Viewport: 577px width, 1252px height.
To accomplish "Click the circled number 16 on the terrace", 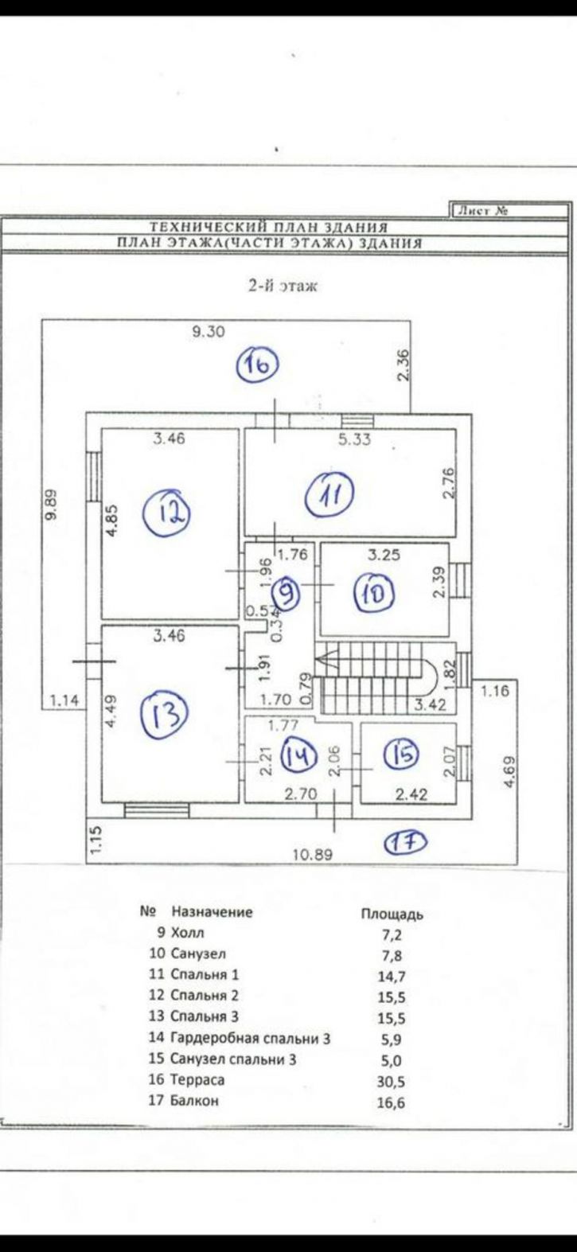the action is coord(258,365).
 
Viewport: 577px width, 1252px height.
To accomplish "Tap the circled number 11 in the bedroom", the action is coord(332,494).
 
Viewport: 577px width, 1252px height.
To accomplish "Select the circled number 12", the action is coord(167,513).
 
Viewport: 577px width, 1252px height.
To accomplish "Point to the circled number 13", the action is coord(165,716).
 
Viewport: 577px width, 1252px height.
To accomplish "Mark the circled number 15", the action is coord(402,754).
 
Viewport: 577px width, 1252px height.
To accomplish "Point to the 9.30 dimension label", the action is coord(208,331).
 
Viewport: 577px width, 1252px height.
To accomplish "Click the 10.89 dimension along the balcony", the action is coord(313,855).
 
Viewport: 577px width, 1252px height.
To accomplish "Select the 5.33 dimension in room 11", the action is coord(354,439).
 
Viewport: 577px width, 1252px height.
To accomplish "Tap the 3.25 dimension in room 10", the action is coord(384,555).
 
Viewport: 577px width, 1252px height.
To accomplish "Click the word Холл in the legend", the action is coord(188,933).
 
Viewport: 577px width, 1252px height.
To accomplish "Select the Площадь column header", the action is coord(392,914).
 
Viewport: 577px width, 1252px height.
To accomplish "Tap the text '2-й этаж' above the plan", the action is coord(283,287).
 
